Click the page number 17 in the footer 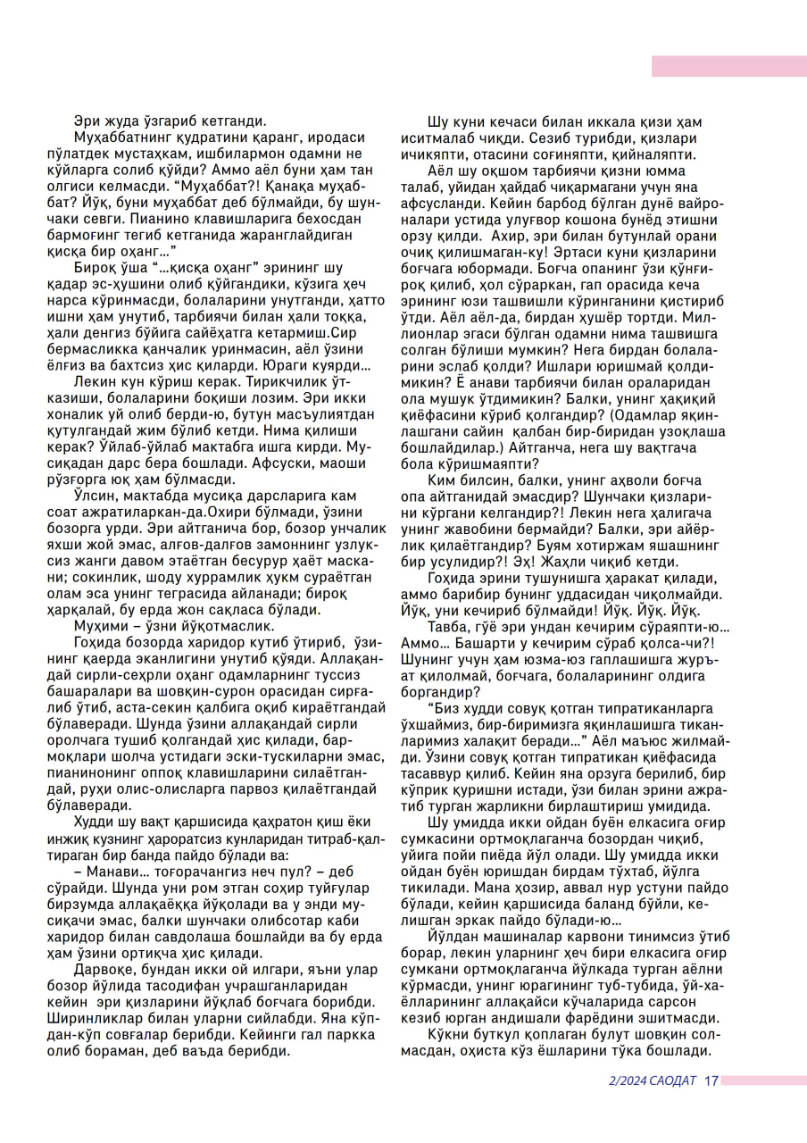[x=711, y=1080]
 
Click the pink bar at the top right [x=728, y=66]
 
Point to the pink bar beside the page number [x=763, y=1080]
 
